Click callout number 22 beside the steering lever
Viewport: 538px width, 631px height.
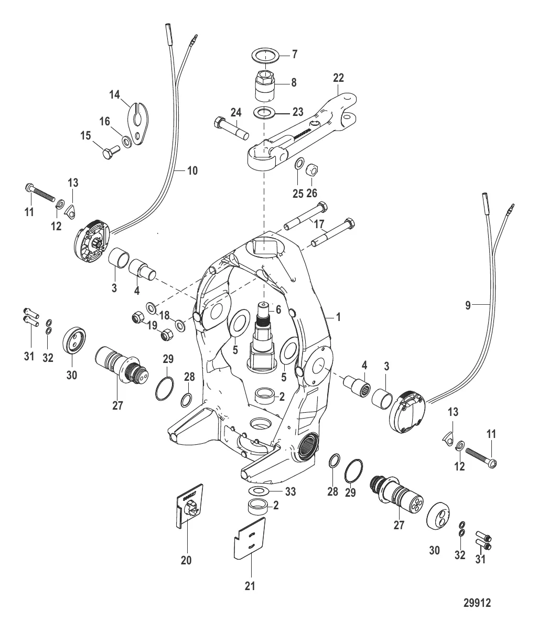click(339, 77)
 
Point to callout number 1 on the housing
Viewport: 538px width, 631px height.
click(338, 317)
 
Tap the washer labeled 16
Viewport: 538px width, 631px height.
click(127, 141)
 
